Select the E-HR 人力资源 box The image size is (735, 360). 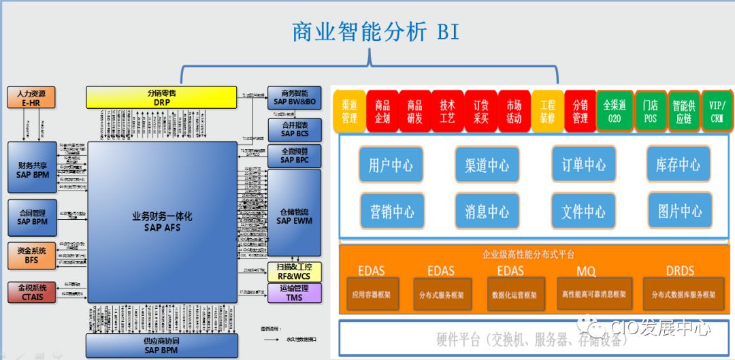coord(31,97)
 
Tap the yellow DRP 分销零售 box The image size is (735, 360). coord(161,97)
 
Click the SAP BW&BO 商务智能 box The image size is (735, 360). coord(294,97)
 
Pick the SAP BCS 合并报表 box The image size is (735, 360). coord(294,129)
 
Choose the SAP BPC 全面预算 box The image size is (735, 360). coord(294,155)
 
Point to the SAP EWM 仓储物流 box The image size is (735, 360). coord(294,216)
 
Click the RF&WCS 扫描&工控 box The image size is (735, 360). coord(294,272)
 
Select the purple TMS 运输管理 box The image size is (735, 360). coord(294,293)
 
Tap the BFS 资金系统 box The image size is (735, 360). coord(31,255)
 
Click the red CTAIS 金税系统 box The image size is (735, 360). coord(31,292)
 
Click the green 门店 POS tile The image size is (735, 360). coord(650,112)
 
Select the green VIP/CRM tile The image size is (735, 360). coord(717,112)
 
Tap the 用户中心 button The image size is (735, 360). coord(391,165)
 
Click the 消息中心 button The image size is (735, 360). coord(487,212)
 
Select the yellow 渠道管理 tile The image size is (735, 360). coord(349,112)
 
